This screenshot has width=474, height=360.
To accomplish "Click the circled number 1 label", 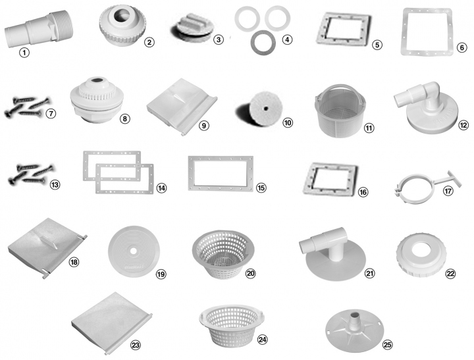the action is click(24, 53).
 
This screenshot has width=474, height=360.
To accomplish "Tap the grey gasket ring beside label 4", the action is click(263, 43).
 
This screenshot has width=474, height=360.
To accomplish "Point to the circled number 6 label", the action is click(461, 47).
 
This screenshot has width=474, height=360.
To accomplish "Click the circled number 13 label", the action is click(55, 184).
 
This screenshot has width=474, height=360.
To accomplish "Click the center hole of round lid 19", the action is click(134, 251).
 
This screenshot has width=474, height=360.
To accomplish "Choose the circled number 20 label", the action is click(250, 274).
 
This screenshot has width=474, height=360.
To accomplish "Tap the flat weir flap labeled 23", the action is click(111, 322).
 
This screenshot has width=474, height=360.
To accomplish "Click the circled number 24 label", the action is click(262, 340).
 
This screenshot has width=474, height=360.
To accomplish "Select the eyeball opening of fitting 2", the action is click(122, 14).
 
